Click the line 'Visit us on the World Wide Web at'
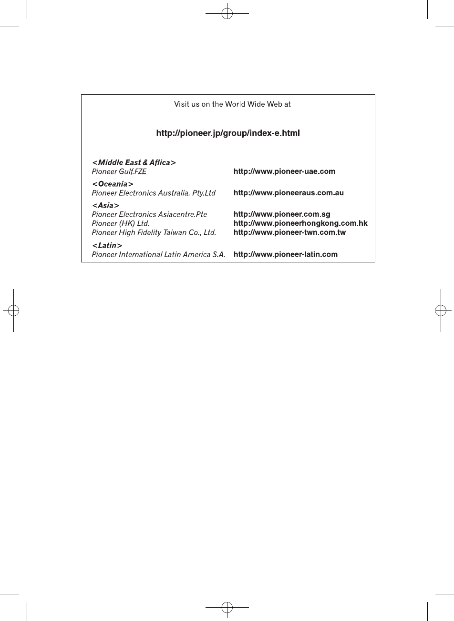click(232, 104)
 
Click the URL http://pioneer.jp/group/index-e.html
click(228, 133)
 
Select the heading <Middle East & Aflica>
click(134, 163)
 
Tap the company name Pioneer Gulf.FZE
click(119, 171)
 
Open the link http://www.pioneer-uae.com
click(284, 171)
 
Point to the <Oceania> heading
click(113, 184)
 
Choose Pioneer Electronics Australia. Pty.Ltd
click(154, 193)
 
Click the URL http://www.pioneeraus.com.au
click(289, 193)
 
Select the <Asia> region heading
click(105, 205)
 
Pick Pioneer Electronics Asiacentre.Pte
click(149, 214)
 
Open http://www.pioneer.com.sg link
click(282, 214)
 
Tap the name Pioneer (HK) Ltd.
click(121, 223)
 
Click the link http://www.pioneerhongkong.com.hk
click(300, 223)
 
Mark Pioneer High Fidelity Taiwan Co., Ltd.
click(154, 232)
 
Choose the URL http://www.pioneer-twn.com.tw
click(289, 232)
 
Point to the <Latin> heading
click(107, 245)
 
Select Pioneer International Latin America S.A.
click(158, 254)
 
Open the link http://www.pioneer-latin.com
click(286, 254)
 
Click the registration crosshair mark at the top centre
click(227, 14)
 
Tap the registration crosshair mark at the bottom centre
click(227, 607)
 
